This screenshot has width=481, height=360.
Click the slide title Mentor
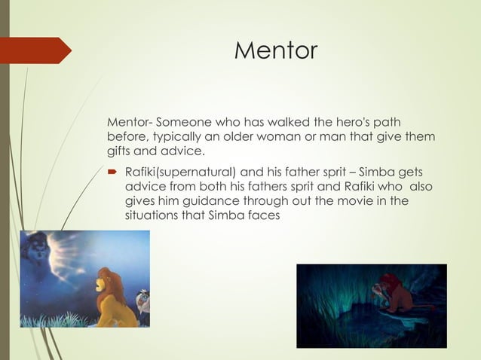[x=276, y=50]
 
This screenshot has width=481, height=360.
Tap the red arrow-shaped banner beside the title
[x=38, y=50]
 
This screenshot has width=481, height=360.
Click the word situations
[x=152, y=215]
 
